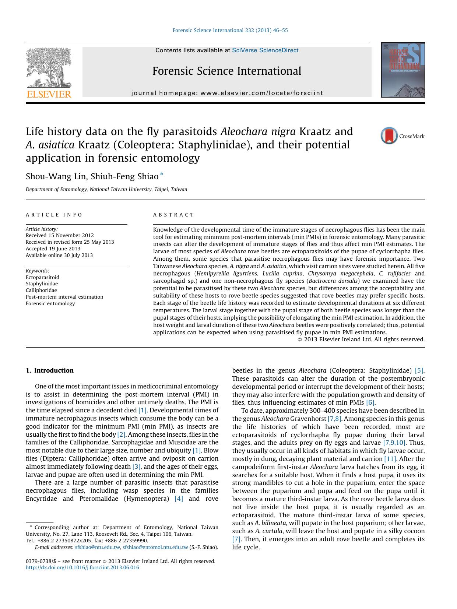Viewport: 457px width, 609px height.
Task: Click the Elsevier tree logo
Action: pos(49,67)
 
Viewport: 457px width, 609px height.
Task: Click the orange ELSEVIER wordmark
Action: pos(49,94)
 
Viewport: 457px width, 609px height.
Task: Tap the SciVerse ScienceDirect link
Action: pos(265,50)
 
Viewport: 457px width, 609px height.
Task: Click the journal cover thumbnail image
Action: pos(403,70)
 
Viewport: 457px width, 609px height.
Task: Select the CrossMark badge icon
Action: pos(389,136)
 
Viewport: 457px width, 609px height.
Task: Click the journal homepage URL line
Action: pos(227,93)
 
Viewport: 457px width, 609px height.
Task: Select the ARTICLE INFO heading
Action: pos(54,215)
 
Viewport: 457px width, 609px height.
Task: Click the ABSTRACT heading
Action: pos(173,215)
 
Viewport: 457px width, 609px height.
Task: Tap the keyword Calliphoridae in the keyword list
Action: pos(41,290)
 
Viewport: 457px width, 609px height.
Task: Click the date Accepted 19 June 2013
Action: pos(53,249)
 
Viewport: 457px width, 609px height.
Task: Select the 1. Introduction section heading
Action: pos(50,370)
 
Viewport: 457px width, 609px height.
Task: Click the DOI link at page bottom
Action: pos(82,567)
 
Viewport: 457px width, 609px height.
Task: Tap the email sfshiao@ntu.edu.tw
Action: pos(98,547)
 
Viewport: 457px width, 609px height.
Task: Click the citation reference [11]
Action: pos(390,459)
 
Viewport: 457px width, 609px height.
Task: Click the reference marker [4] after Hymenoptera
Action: pos(179,499)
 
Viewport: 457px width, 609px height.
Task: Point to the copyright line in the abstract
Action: pos(361,339)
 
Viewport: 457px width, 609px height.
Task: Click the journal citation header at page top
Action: pos(230,30)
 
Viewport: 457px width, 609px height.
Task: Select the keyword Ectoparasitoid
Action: pos(42,277)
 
